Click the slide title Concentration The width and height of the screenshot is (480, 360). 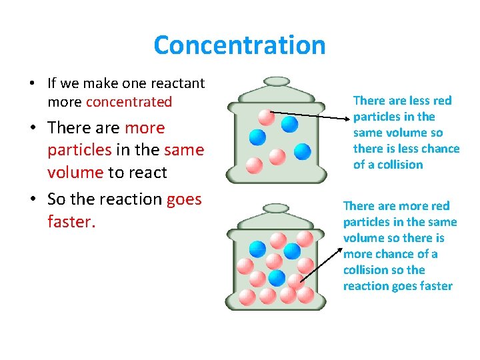239,45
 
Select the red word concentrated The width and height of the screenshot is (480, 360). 129,102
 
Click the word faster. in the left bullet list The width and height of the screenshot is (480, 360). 72,221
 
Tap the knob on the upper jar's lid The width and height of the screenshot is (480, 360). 277,81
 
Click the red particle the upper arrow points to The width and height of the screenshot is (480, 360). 266,117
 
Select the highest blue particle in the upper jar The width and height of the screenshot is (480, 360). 289,124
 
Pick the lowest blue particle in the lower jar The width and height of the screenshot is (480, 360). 277,278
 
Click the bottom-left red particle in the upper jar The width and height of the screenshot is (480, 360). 254,164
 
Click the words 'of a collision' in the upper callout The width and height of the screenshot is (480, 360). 388,165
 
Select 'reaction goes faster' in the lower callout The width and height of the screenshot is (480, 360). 397,286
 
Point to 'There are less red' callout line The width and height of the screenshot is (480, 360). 402,101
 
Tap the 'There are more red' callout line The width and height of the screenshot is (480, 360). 396,206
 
